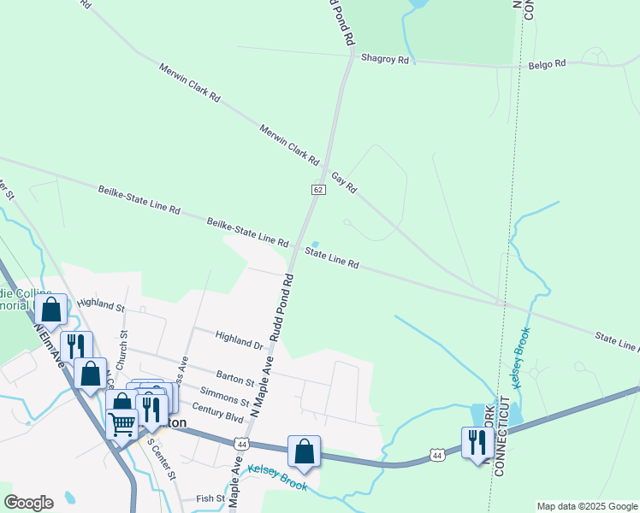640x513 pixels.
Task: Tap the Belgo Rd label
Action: click(x=548, y=63)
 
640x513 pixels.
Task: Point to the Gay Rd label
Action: click(x=344, y=180)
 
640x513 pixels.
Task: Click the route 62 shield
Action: click(x=317, y=189)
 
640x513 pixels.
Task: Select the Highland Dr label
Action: click(x=240, y=340)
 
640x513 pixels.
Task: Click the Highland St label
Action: click(x=101, y=304)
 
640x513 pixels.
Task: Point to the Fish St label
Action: click(x=210, y=498)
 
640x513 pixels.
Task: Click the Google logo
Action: click(x=28, y=503)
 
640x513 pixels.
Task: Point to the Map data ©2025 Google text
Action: click(x=587, y=506)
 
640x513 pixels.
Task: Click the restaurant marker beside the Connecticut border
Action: click(x=477, y=443)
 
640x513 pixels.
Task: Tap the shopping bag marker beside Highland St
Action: click(x=51, y=310)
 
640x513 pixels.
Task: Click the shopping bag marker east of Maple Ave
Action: click(x=304, y=451)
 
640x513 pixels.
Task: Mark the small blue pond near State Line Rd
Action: click(x=316, y=244)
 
